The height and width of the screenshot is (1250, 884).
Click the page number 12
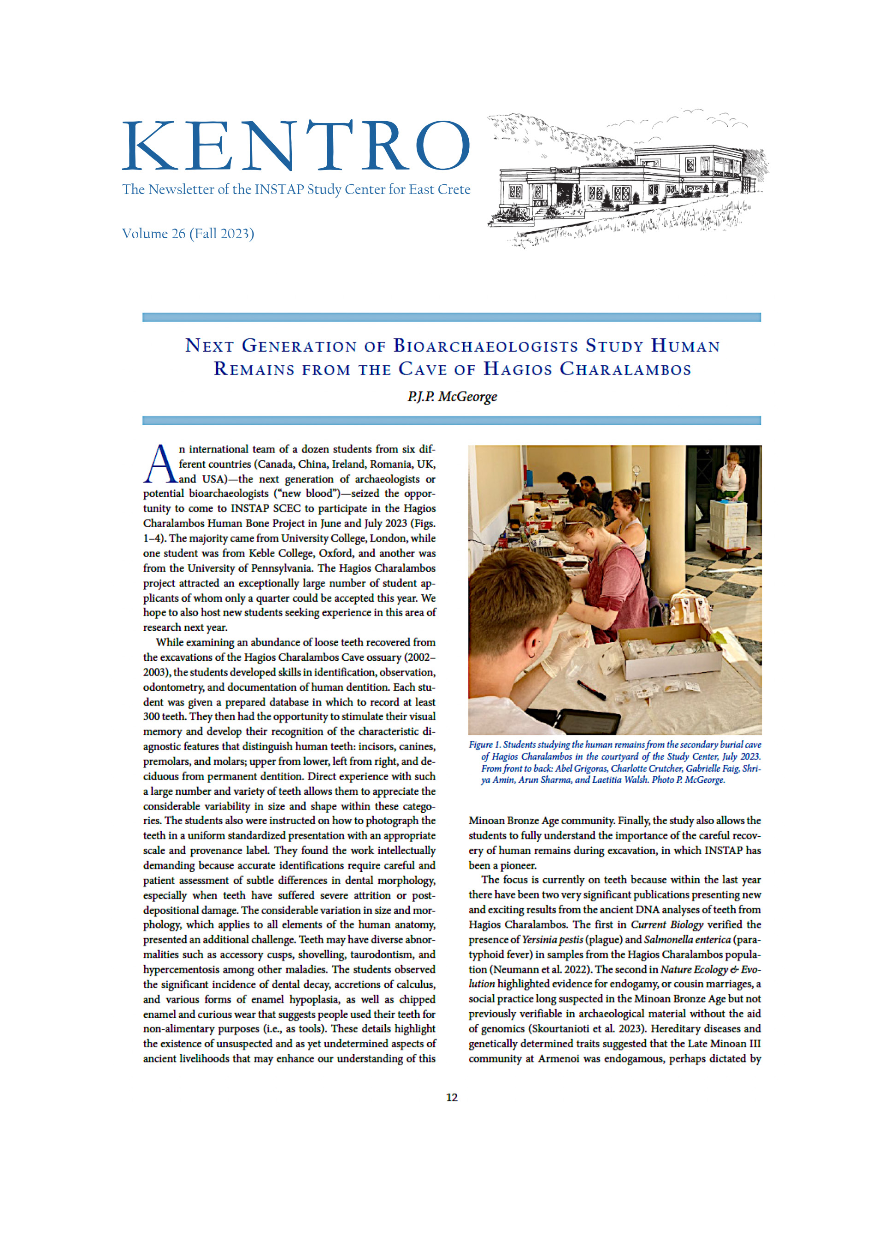(452, 1097)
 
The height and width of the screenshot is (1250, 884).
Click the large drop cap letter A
(159, 464)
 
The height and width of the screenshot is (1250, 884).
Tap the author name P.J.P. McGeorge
(452, 396)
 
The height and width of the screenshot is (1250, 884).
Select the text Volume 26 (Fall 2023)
(188, 234)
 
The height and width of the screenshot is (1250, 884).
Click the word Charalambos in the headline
(625, 369)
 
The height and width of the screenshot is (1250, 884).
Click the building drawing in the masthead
(626, 180)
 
